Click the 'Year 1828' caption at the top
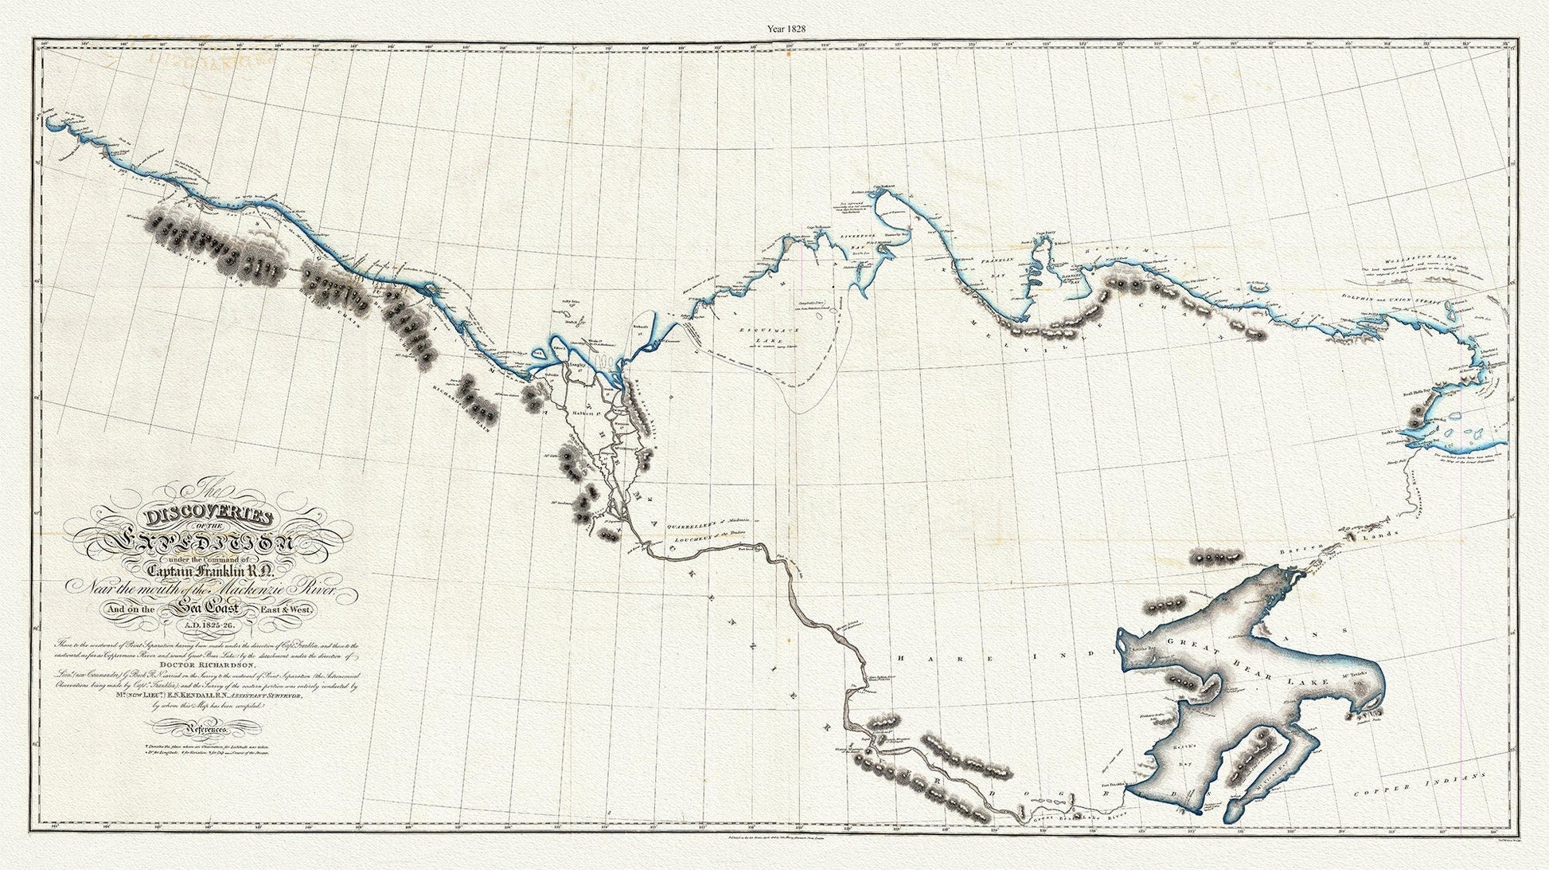click(786, 29)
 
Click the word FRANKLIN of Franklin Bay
click(995, 261)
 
